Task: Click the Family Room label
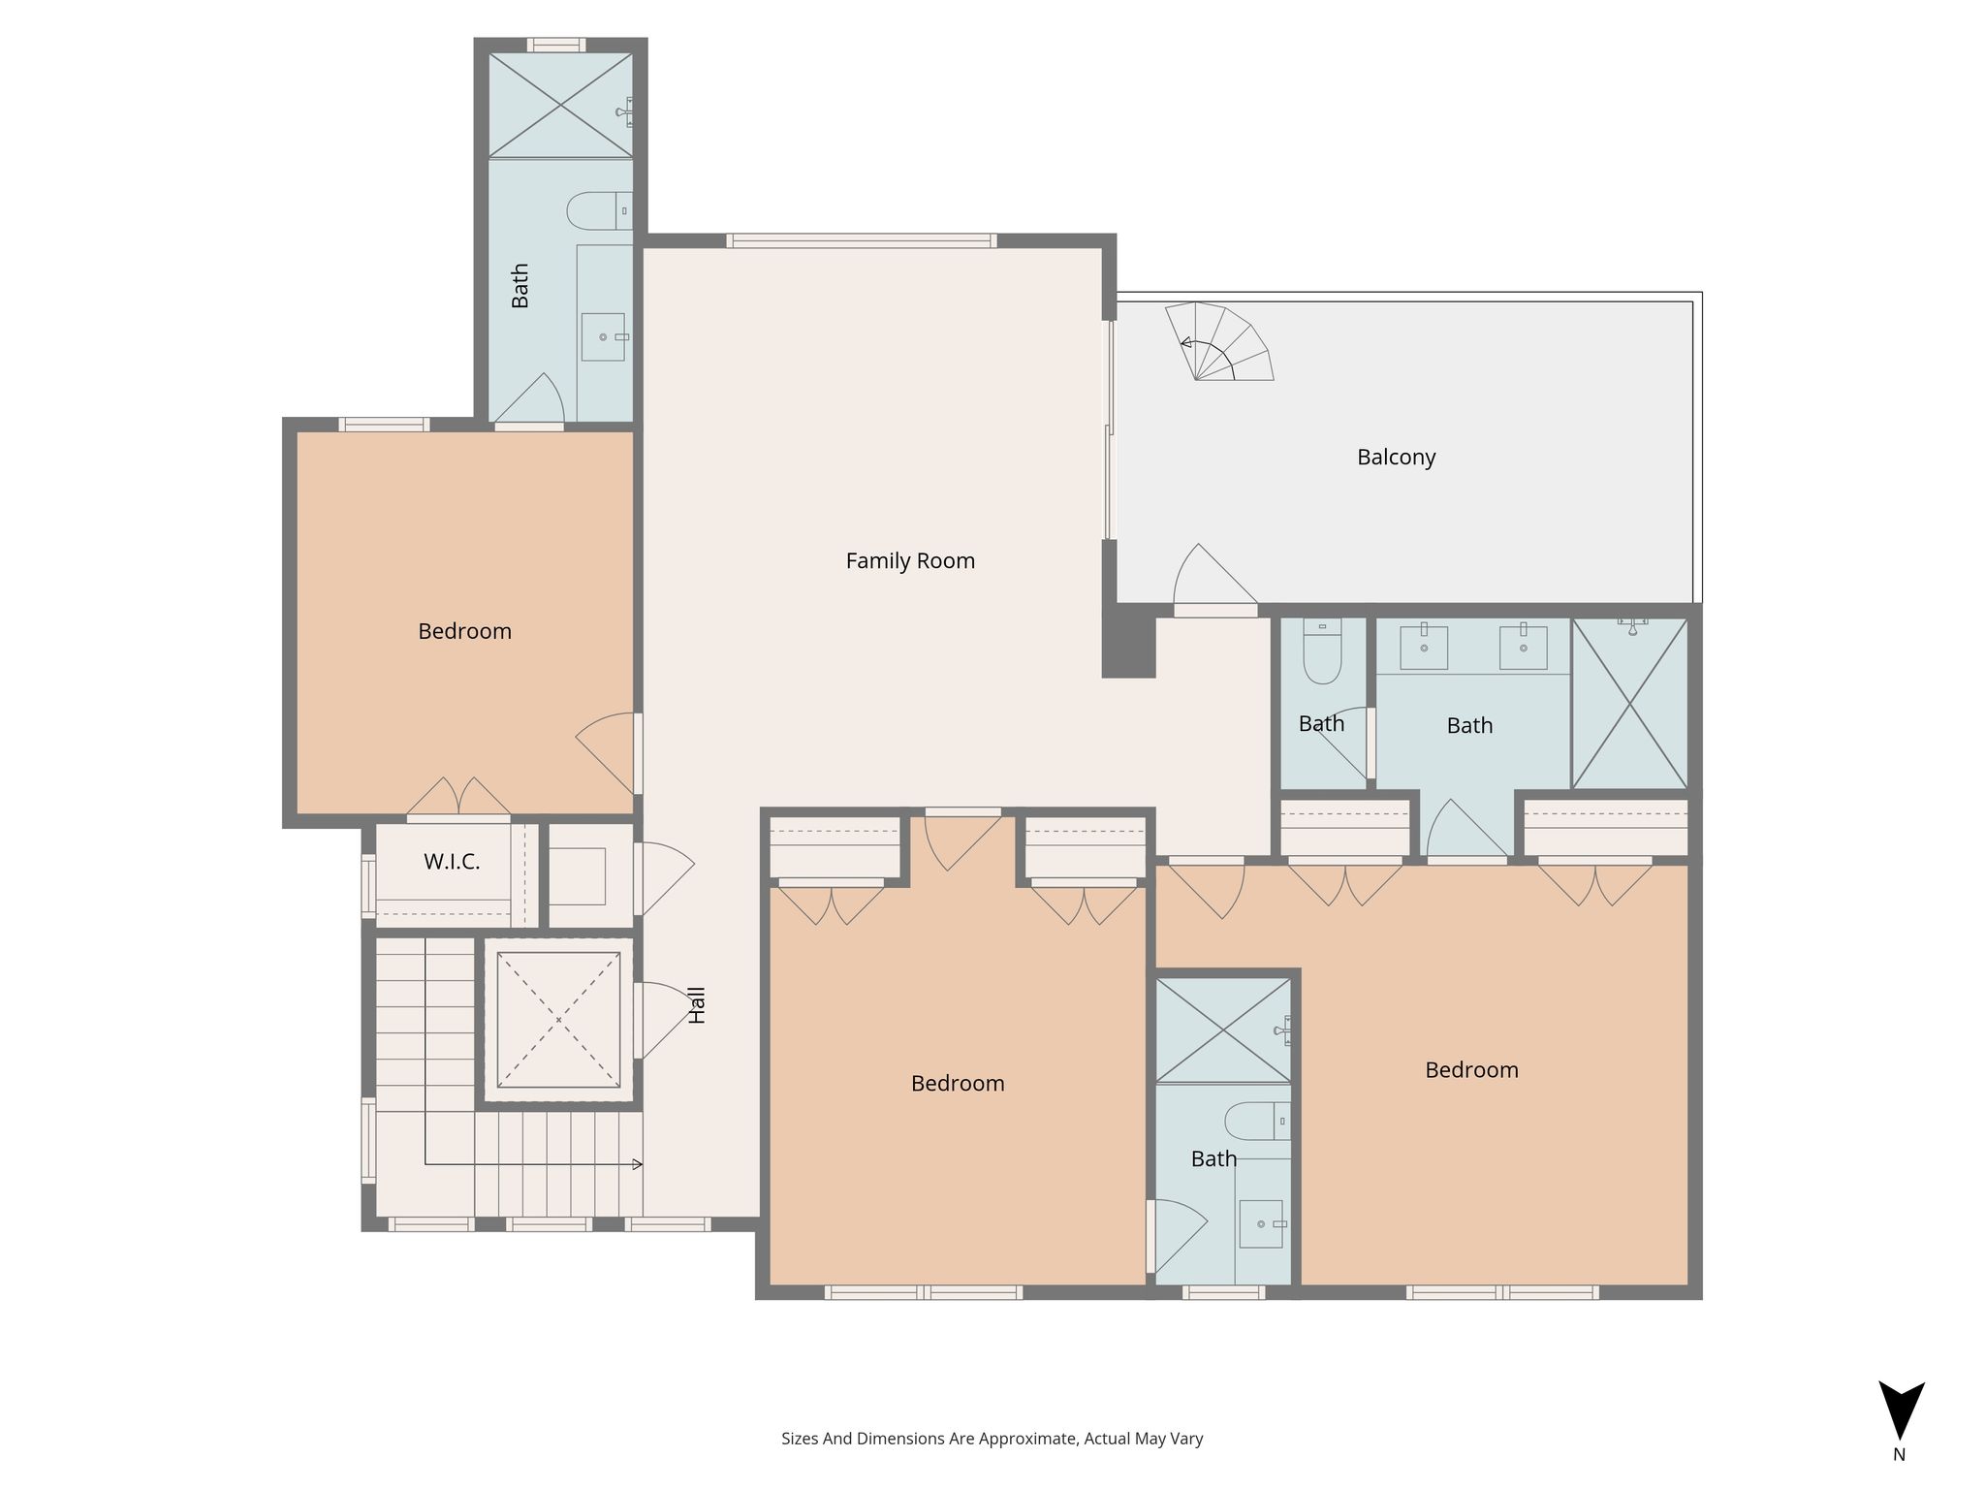pos(910,560)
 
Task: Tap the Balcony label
pos(1396,457)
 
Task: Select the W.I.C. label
pos(452,861)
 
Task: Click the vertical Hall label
pos(697,1005)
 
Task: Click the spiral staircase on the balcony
pos(1219,341)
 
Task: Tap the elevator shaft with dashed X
pos(558,1020)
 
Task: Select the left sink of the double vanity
pos(1424,648)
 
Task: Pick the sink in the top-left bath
pos(603,337)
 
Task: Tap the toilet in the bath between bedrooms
pos(1257,1122)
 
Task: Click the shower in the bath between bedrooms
pos(1223,1030)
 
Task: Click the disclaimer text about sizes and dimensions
pos(992,1439)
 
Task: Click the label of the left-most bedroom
pos(464,631)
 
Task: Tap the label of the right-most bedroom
pos(1471,1070)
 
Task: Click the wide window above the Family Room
pos(862,240)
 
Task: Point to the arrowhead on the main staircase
pos(638,1164)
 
